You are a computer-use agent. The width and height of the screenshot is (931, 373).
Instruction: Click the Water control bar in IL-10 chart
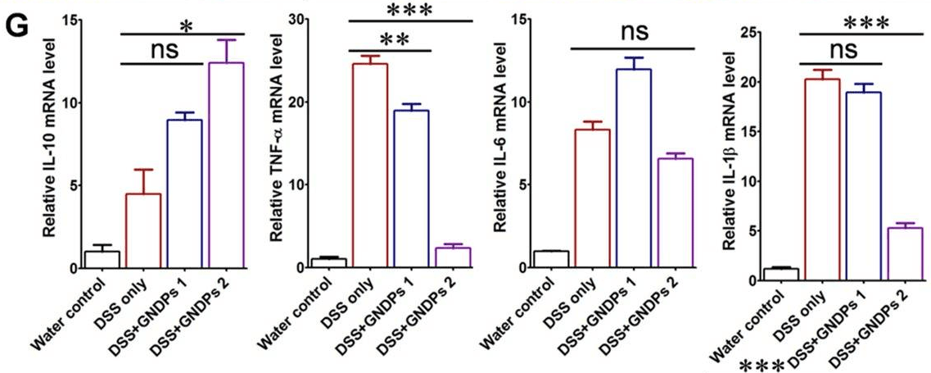tap(102, 260)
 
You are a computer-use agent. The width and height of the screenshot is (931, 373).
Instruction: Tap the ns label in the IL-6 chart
tap(631, 32)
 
